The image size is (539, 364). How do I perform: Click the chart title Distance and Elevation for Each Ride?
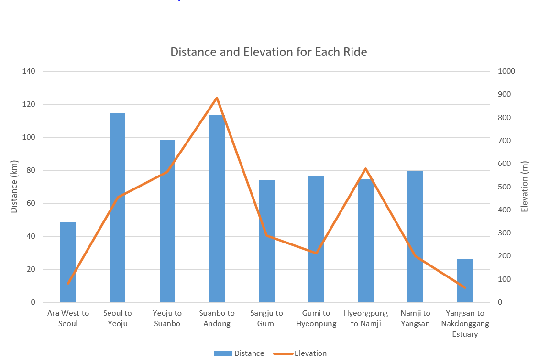pyautogui.click(x=269, y=52)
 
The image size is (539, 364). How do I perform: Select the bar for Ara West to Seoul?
pyautogui.click(x=68, y=262)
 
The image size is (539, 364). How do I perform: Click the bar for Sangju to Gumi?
pyautogui.click(x=266, y=241)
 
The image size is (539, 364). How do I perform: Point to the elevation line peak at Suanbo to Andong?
pyautogui.click(x=217, y=98)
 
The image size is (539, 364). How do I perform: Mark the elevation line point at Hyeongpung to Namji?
pyautogui.click(x=365, y=169)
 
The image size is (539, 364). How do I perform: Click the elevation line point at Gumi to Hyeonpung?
pyautogui.click(x=316, y=253)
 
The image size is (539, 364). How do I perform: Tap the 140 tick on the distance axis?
pyautogui.click(x=29, y=71)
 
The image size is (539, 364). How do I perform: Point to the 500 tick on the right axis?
pyautogui.click(x=503, y=187)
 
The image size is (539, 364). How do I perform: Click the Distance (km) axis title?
pyautogui.click(x=14, y=187)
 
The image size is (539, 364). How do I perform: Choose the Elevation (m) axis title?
pyautogui.click(x=525, y=187)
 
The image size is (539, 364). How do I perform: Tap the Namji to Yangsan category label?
pyautogui.click(x=415, y=318)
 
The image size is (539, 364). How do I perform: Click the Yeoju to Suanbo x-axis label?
pyautogui.click(x=167, y=318)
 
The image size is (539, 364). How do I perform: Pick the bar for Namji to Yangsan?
pyautogui.click(x=415, y=236)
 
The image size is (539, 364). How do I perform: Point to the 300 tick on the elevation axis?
pyautogui.click(x=503, y=233)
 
